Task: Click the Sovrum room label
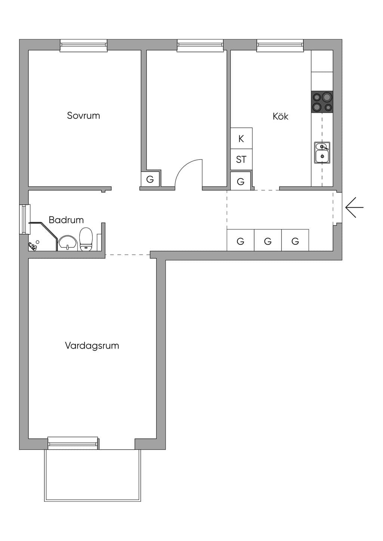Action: [x=83, y=115]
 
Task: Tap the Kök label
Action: [x=281, y=116]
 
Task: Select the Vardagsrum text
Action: [x=92, y=346]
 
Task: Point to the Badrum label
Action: [x=66, y=220]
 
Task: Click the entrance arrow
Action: [x=355, y=207]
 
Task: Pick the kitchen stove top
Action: [x=322, y=102]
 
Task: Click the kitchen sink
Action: [x=322, y=153]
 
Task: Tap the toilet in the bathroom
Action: [x=86, y=239]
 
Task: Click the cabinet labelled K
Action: [x=241, y=138]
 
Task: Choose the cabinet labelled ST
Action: [x=241, y=160]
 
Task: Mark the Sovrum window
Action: [x=83, y=46]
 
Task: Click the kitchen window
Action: [x=280, y=46]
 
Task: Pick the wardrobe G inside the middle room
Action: [x=150, y=179]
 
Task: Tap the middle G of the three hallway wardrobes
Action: [x=268, y=240]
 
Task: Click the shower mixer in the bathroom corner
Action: [x=33, y=246]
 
